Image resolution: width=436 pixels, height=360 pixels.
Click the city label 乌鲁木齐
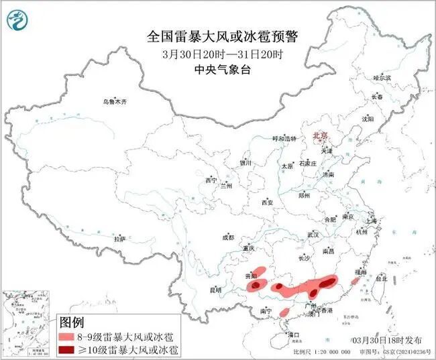point(114,101)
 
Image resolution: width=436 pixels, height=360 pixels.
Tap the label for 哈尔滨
point(382,78)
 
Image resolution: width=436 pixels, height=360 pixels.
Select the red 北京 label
point(321,135)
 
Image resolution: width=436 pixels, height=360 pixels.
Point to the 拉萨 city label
point(120,239)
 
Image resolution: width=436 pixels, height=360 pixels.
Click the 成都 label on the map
point(228,237)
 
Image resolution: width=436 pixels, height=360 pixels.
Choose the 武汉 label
point(313,235)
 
